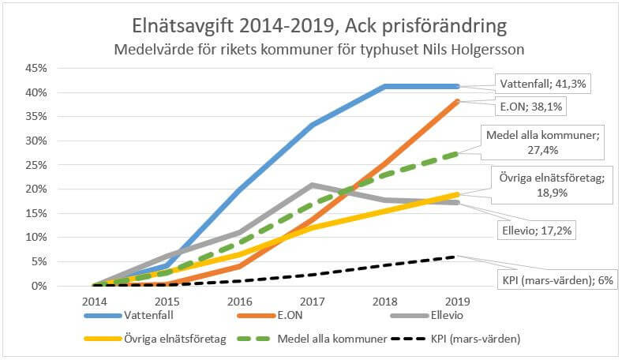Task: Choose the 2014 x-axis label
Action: click(95, 302)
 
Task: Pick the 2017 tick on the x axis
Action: click(313, 302)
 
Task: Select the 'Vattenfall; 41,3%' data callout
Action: click(540, 82)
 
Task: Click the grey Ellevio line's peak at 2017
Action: click(313, 185)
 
